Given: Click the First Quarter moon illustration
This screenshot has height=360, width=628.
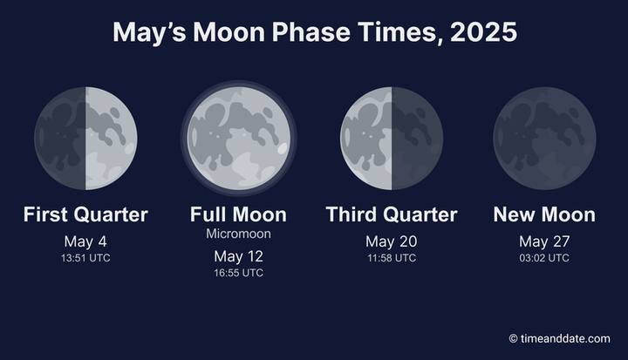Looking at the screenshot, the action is point(85,138).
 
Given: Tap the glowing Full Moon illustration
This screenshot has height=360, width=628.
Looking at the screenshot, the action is point(239,138).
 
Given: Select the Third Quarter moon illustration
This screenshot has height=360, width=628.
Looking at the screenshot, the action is point(392,138).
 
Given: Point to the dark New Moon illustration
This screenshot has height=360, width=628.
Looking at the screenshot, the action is point(544,138).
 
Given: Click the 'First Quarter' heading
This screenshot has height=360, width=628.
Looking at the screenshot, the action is point(85,214).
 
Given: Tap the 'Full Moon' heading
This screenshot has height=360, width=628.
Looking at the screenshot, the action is point(238,214).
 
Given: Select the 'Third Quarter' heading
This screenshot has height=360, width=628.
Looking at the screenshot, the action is point(392,214).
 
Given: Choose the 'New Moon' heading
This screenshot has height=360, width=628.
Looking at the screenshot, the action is point(544,214).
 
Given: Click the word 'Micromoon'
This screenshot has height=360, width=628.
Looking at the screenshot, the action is point(238,234).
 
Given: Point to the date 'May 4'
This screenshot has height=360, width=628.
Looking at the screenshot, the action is point(85,241).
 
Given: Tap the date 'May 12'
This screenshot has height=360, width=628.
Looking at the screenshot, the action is point(238,256).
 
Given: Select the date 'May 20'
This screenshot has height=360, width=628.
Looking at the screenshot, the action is point(392,241).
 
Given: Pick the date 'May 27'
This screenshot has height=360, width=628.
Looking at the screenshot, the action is point(544,241).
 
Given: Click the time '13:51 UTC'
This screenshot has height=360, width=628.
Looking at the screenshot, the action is point(85,258).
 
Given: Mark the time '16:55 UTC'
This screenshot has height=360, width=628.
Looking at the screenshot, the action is point(238,273).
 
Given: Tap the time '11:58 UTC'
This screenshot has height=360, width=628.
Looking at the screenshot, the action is point(392,258).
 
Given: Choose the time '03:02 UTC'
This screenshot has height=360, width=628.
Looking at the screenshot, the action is point(544,258).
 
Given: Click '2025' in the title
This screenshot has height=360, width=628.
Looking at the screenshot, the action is point(484,31).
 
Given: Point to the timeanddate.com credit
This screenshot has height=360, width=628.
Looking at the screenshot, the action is point(560,338).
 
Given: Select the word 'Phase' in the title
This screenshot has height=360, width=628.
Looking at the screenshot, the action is point(311,31).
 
